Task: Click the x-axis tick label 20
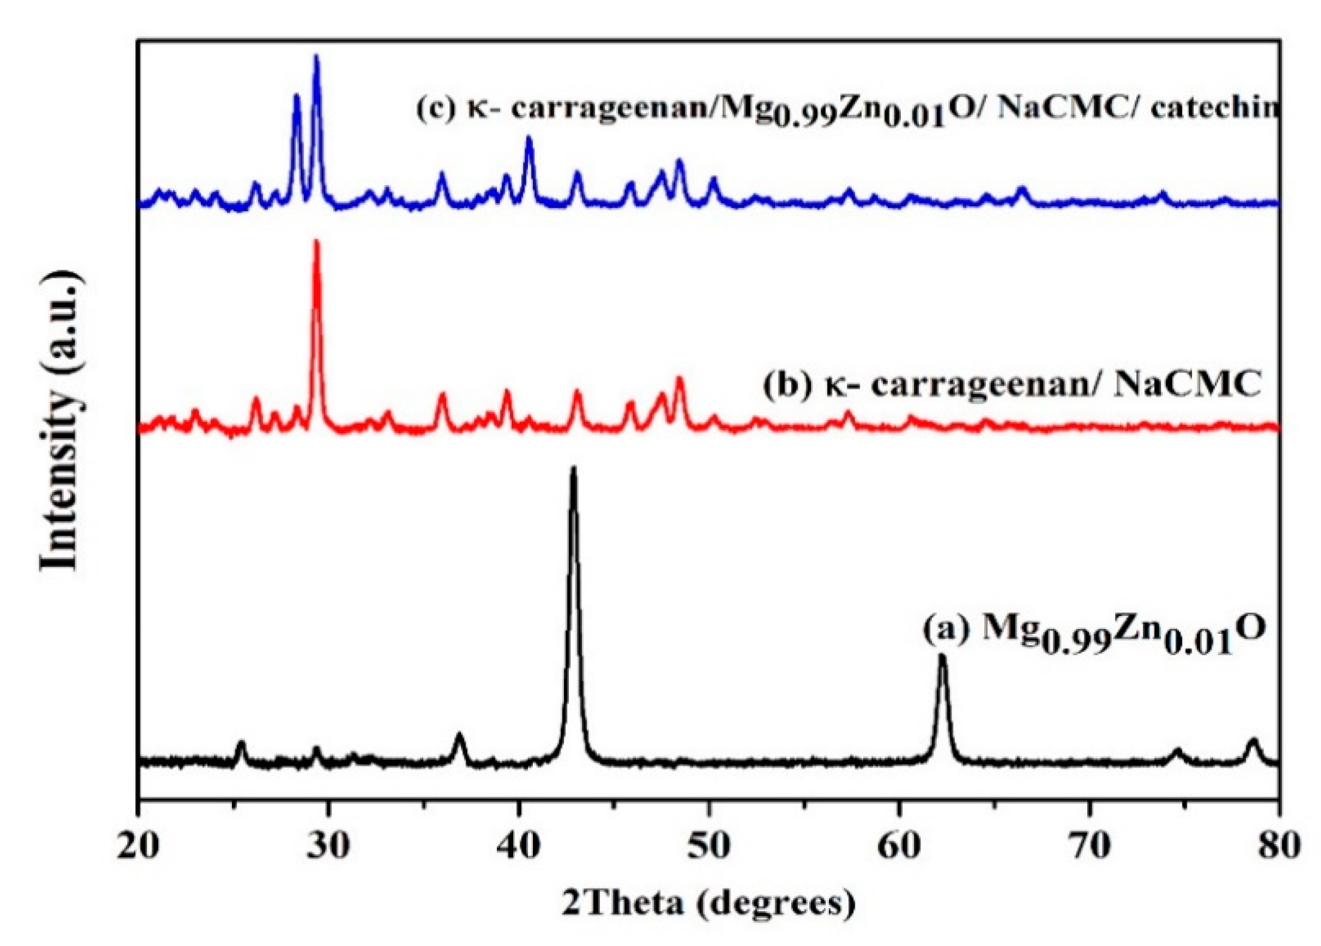tap(138, 846)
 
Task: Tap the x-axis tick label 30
tap(328, 846)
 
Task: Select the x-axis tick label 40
tap(519, 846)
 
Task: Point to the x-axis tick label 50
tap(709, 846)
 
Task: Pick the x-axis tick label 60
tap(899, 846)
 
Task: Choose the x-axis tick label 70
tap(1090, 846)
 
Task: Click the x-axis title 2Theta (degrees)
tap(709, 902)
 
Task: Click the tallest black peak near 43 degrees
tap(574, 470)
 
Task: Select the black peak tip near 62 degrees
tap(942, 657)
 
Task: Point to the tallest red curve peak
tap(316, 242)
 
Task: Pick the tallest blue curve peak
tap(316, 57)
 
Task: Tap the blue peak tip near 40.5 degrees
tap(529, 138)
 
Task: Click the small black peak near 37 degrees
tap(460, 735)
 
